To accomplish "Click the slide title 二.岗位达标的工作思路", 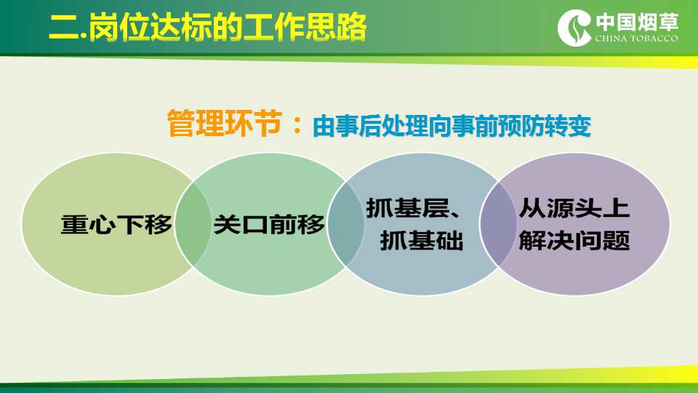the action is pyautogui.click(x=208, y=28).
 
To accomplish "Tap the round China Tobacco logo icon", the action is pyautogui.click(x=574, y=28).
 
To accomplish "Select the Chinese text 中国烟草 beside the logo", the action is pyautogui.click(x=637, y=23).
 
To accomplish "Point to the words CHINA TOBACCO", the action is pyautogui.click(x=637, y=39).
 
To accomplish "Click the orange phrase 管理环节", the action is pyautogui.click(x=225, y=123).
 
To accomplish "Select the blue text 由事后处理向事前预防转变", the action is pyautogui.click(x=452, y=126).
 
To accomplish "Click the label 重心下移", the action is pyautogui.click(x=116, y=224).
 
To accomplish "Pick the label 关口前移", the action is pyautogui.click(x=269, y=224).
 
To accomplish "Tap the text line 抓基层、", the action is pyautogui.click(x=413, y=209).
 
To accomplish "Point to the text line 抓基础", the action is pyautogui.click(x=422, y=241).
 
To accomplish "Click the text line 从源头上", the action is pyautogui.click(x=574, y=209).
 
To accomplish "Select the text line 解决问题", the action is pyautogui.click(x=574, y=241).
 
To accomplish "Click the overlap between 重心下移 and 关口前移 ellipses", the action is pyautogui.click(x=193, y=224).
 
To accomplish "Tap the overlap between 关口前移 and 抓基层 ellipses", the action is pyautogui.click(x=345, y=224).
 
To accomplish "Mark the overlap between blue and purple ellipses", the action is pyautogui.click(x=497, y=224).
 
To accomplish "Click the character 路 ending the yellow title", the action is pyautogui.click(x=352, y=28).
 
